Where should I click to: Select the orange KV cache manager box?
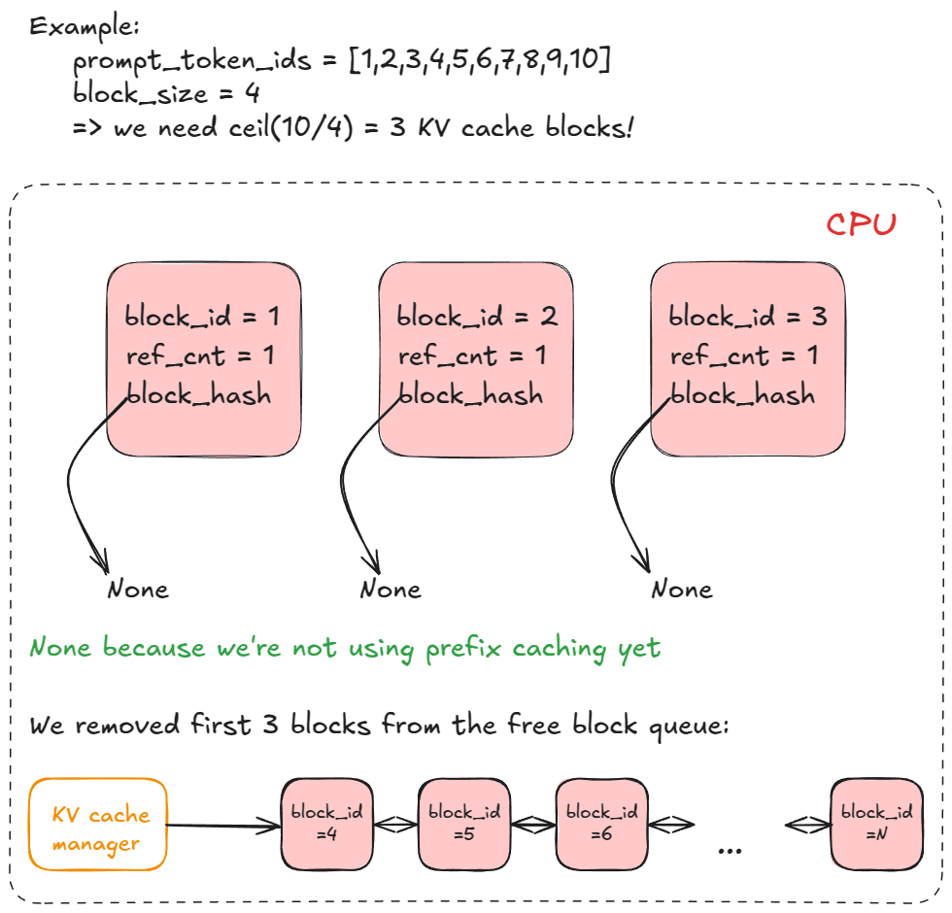click(x=97, y=824)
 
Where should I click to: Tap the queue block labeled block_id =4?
click(x=327, y=824)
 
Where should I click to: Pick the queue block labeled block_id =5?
click(x=464, y=824)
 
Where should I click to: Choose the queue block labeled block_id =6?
click(x=601, y=824)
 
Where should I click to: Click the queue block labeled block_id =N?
click(x=876, y=824)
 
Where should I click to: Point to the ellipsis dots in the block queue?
click(x=729, y=849)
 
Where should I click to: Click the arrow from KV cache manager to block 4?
click(x=223, y=827)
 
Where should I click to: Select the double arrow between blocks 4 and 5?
click(x=396, y=826)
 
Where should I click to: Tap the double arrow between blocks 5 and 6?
click(x=533, y=826)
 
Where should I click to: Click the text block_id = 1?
click(x=202, y=318)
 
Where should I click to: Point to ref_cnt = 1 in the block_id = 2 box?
click(x=471, y=356)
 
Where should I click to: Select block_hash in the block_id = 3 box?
click(x=743, y=395)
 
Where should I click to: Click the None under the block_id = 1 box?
click(x=137, y=590)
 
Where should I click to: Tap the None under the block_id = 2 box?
click(x=391, y=590)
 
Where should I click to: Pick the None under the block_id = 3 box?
click(x=682, y=590)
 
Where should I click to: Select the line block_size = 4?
click(x=164, y=94)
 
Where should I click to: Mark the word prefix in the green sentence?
click(x=465, y=648)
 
